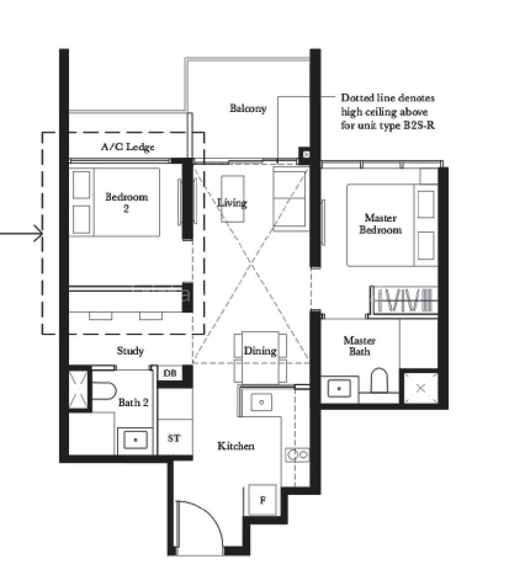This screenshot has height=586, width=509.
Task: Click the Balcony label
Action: coord(248,108)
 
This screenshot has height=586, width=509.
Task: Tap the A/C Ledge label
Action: coord(127,146)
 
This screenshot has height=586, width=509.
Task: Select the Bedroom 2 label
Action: coord(127,202)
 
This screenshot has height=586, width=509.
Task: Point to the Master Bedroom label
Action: coord(381,223)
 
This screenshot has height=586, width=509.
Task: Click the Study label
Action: coord(130,350)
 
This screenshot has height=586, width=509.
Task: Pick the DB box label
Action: coord(170,373)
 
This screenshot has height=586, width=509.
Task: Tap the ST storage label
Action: coord(174,438)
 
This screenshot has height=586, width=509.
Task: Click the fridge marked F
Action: coord(263,500)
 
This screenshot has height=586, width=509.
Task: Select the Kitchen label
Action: coord(236,446)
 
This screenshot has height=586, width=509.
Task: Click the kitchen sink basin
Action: coord(261,402)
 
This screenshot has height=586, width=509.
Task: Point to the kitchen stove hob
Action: coord(297,455)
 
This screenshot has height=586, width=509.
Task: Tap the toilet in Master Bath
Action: coord(379,380)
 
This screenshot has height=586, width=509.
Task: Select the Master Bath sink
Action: coord(339,388)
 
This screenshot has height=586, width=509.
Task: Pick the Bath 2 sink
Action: coord(135,440)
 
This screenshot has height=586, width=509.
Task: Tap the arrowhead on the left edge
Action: coord(38,233)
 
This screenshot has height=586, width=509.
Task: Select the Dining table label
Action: coord(260,350)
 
